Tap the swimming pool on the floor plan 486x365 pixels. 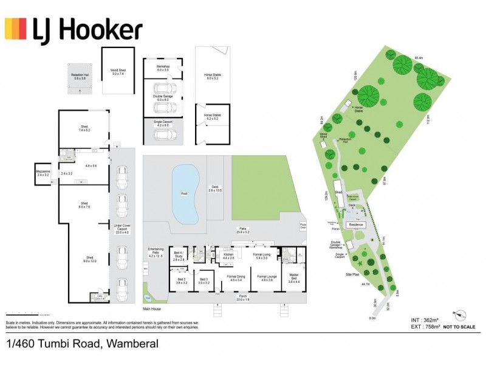(x=185, y=195)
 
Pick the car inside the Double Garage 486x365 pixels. (x=162, y=108)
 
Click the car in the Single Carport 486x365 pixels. (x=163, y=135)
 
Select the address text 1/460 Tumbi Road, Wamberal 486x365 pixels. (x=83, y=344)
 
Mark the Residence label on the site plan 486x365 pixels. (x=356, y=224)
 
